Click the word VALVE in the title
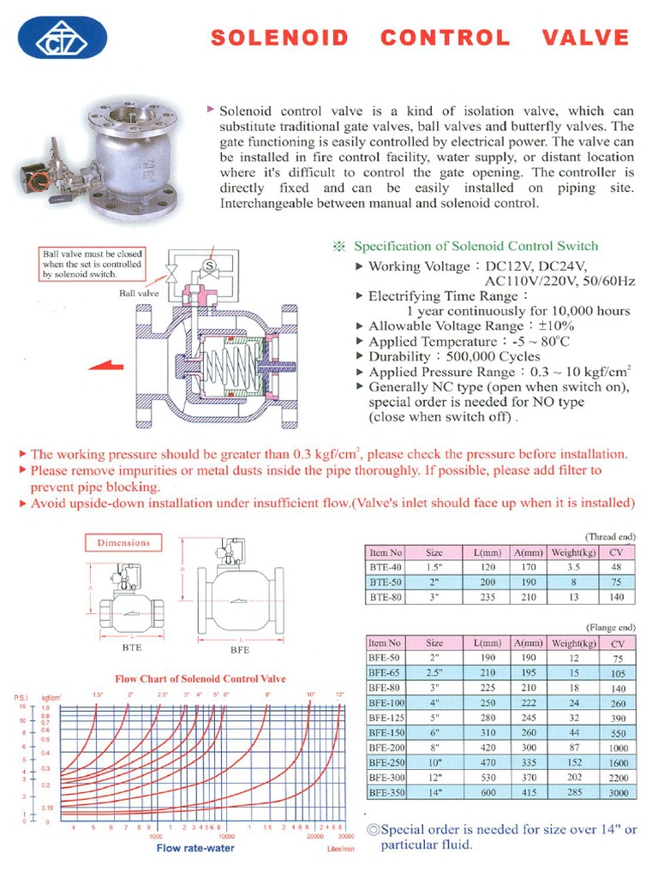tap(585, 38)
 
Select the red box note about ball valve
tap(93, 264)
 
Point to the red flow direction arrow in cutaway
tap(106, 364)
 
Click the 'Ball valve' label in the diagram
tap(139, 292)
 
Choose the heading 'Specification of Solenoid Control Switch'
tap(476, 247)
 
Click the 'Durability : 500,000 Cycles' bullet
tap(454, 356)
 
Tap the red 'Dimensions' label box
tap(123, 542)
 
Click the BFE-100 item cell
tap(386, 702)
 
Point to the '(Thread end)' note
tap(610, 536)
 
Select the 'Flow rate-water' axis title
tap(195, 848)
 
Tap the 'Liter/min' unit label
tap(340, 849)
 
